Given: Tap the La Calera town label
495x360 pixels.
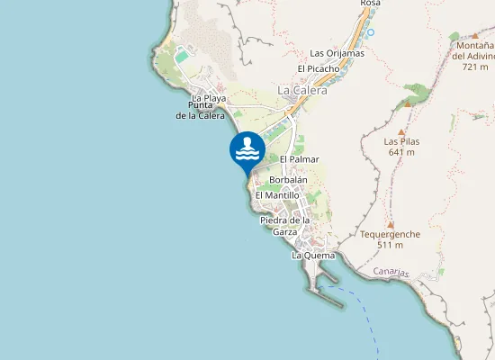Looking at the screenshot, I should (x=302, y=90).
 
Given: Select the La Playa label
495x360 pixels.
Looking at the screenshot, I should (x=209, y=98).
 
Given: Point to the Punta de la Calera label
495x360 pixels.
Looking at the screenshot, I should (x=200, y=111).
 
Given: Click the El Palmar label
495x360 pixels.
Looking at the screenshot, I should (x=299, y=159).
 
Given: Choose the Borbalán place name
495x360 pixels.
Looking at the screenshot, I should (x=288, y=179).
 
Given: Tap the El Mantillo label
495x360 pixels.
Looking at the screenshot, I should (x=277, y=194).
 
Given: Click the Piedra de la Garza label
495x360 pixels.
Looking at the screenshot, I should (x=284, y=225).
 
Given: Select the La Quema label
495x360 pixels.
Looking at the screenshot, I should (x=313, y=256).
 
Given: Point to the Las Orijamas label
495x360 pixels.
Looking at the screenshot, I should (x=337, y=53).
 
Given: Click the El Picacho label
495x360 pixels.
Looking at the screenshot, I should (x=318, y=68).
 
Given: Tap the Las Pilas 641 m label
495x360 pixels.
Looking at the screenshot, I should (x=401, y=147).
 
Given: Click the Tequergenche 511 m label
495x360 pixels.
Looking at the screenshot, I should (x=390, y=238).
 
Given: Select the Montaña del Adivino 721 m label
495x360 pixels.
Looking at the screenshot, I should (x=474, y=56).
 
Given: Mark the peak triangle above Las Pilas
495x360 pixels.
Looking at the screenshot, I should (x=408, y=104).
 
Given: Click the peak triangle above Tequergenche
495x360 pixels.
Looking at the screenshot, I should (x=390, y=224).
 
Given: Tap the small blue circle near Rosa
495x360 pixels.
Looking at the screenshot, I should (x=370, y=32).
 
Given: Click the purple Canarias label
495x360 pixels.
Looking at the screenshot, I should (x=391, y=273).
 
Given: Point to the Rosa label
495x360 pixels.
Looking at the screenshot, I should (x=370, y=4).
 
